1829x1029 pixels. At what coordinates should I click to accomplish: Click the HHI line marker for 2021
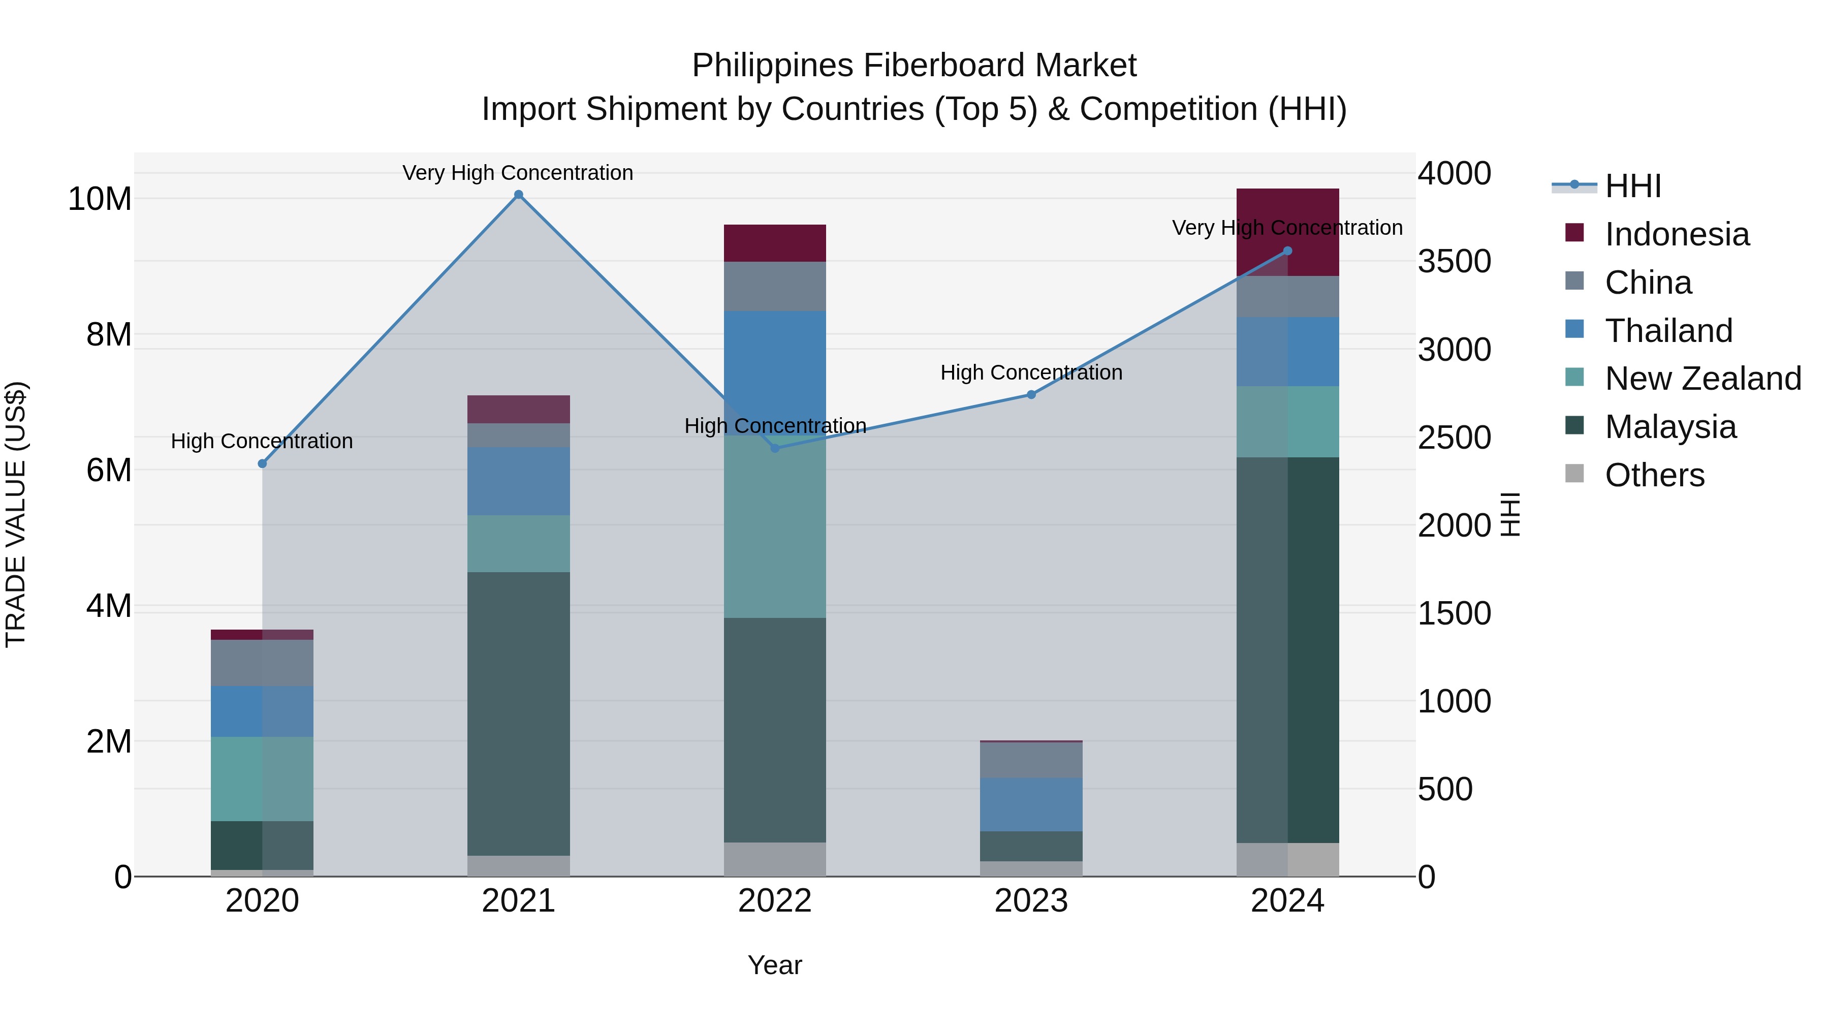(518, 195)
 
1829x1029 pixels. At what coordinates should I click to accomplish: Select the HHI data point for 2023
(1031, 394)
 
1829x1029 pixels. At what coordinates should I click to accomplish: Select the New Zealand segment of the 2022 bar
(775, 525)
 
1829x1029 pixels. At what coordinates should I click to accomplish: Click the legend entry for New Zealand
(1702, 379)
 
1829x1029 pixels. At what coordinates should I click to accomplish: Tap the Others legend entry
(1654, 475)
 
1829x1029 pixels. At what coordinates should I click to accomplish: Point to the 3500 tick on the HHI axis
(1454, 261)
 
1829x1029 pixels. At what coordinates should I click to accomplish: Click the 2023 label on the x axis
(1031, 901)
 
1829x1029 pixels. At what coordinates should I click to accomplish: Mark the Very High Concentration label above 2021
(518, 173)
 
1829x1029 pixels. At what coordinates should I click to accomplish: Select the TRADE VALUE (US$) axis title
(16, 514)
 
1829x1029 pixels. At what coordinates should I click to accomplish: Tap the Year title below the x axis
(775, 965)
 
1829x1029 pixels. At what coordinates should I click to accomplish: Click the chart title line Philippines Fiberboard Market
(914, 66)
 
